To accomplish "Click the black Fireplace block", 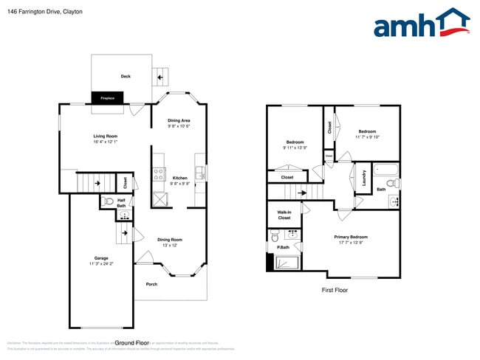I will (106, 97).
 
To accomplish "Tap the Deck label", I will (126, 76).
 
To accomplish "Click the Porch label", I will (151, 284).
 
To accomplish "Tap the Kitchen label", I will (179, 179).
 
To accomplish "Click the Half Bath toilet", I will (108, 201).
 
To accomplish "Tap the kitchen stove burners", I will (158, 175).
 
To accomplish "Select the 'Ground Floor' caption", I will (132, 343).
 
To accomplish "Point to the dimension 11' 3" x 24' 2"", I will (100, 263).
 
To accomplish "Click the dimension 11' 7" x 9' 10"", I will (367, 136).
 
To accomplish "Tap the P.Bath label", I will (282, 246).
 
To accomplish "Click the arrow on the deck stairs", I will (157, 76).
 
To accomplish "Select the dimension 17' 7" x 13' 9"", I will (351, 242).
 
